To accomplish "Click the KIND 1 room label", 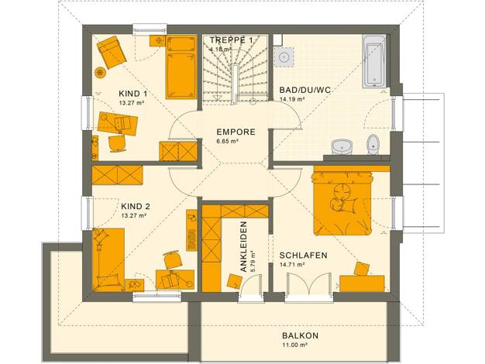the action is [132, 94].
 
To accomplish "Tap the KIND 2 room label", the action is [136, 206].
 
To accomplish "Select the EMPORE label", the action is [236, 132].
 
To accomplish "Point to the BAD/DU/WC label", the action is [305, 90].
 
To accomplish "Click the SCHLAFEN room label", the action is [304, 256].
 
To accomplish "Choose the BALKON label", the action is [300, 335].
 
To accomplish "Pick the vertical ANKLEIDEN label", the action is [244, 246].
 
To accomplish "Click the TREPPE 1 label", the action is [232, 40].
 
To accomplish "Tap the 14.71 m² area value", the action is [292, 264].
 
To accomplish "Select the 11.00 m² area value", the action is [294, 345].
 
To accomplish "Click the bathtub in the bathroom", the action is [374, 61].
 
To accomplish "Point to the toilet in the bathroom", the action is [373, 144].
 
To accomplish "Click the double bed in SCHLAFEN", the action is [342, 202].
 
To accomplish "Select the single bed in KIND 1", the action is [181, 67].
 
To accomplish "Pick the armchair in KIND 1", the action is [112, 52].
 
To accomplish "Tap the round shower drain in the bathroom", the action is [284, 57].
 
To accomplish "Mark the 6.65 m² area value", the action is [227, 141].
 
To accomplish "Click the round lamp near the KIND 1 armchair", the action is [100, 73].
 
